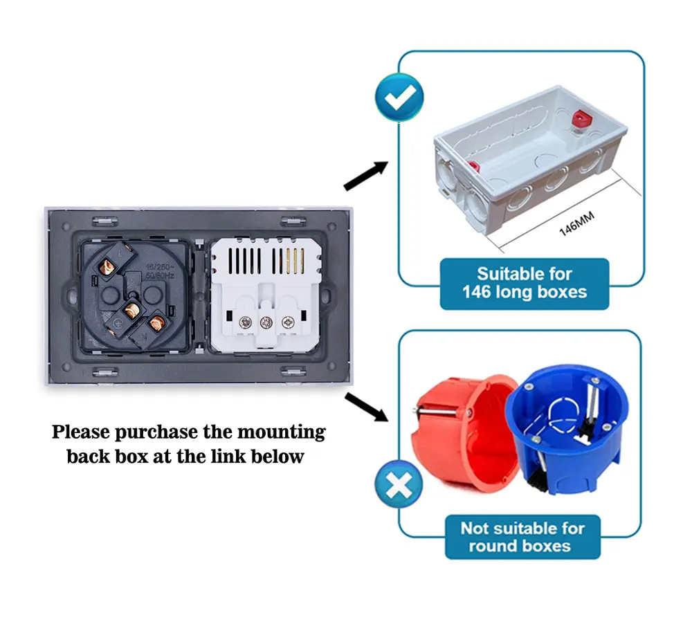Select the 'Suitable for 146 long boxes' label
click(524, 283)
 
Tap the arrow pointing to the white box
click(365, 174)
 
